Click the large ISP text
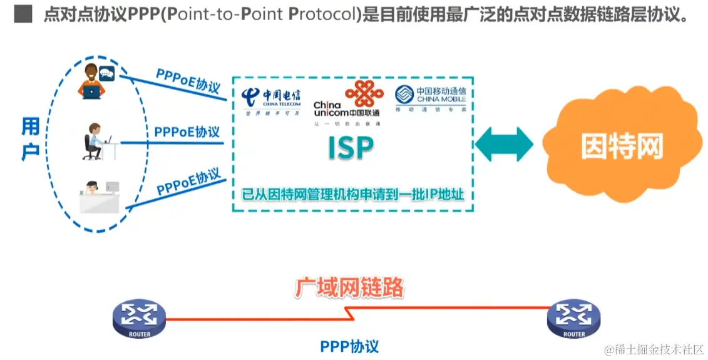351,148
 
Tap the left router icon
139,318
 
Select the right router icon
573,318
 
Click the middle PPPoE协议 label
187,132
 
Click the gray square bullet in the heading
23,14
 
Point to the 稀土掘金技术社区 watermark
653,349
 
